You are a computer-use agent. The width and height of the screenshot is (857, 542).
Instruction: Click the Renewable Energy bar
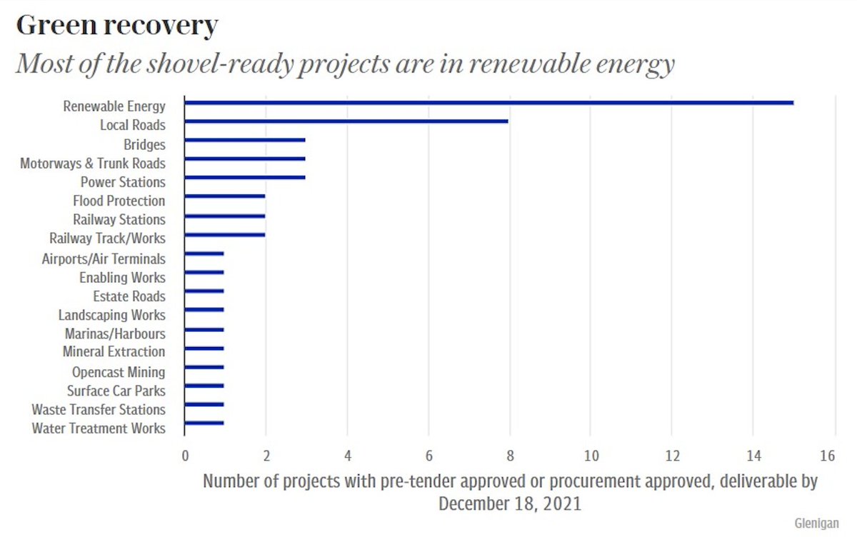(488, 103)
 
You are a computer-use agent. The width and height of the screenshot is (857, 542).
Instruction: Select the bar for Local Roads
(346, 121)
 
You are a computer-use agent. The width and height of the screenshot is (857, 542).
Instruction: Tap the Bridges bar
(245, 141)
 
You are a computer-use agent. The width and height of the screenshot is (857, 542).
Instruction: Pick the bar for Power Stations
(245, 177)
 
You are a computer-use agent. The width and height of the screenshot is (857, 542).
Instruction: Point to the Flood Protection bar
(225, 196)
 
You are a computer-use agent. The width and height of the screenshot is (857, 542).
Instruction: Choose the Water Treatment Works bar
(204, 423)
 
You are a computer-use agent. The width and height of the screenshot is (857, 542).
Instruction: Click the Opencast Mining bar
(204, 367)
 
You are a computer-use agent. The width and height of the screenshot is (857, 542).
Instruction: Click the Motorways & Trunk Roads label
(93, 164)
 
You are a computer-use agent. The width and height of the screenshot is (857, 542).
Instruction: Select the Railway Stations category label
(119, 219)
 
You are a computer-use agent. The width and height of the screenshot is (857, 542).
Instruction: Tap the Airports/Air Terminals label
(104, 259)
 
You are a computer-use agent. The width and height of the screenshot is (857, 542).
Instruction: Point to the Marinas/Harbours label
(114, 333)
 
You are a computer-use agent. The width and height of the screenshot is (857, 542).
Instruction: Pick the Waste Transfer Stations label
(99, 409)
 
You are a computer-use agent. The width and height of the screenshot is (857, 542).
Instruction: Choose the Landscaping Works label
(111, 315)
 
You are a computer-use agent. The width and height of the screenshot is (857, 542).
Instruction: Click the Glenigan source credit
(816, 523)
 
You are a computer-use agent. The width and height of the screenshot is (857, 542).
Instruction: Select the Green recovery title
(116, 26)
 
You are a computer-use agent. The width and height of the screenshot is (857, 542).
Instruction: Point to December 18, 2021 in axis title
(509, 503)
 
